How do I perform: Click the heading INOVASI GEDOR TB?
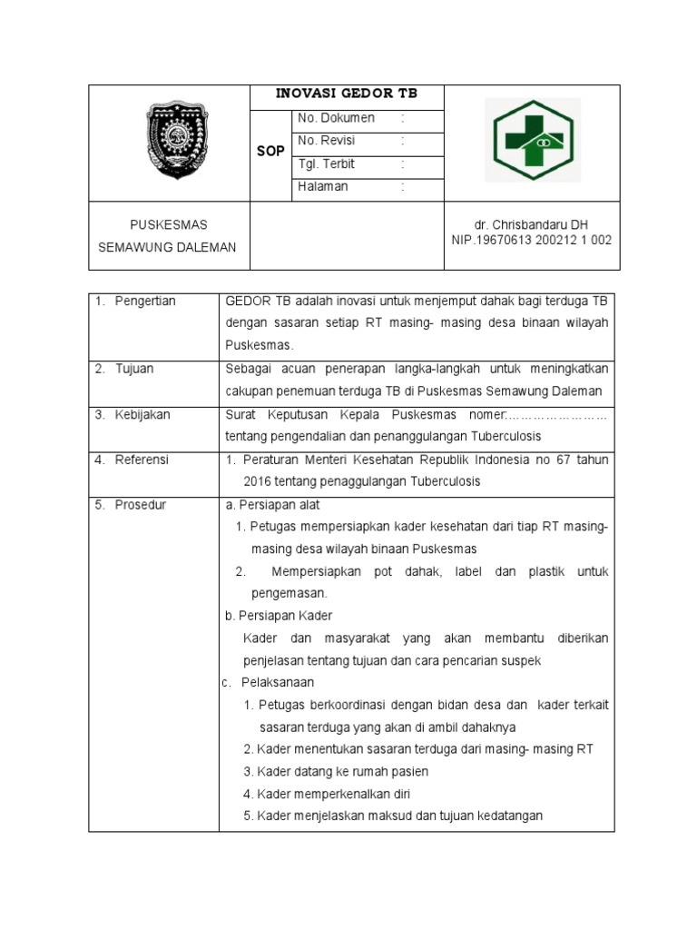347,94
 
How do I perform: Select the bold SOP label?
270,151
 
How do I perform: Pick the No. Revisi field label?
327,141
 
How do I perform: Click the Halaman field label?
323,186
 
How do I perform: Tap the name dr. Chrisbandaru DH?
531,224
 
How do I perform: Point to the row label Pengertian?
145,302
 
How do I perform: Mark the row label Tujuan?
134,369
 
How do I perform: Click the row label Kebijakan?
142,414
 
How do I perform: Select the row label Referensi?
142,460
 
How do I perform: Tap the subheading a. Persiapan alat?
271,505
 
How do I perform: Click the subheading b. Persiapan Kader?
279,616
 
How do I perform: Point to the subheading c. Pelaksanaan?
271,682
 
